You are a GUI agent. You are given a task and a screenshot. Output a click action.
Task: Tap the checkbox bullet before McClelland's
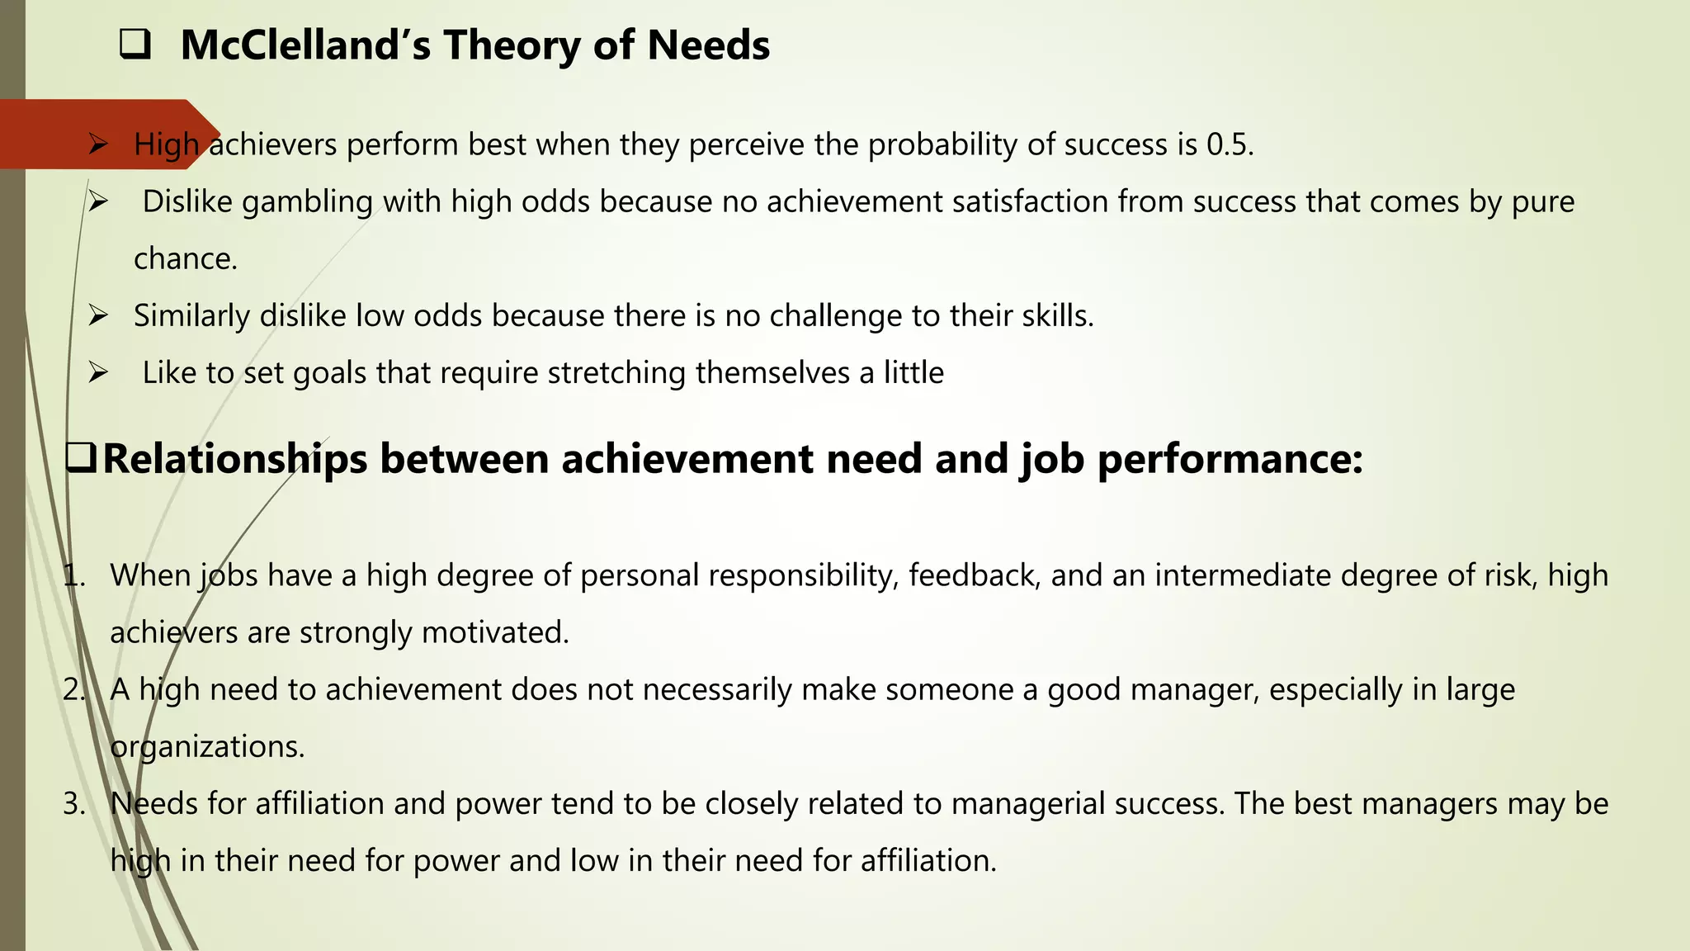point(135,45)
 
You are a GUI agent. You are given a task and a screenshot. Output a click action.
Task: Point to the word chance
point(185,259)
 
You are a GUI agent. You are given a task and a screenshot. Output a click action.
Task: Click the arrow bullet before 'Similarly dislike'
point(98,315)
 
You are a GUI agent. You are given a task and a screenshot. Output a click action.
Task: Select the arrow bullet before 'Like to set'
point(98,372)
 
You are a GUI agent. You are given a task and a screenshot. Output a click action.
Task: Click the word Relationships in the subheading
point(234,459)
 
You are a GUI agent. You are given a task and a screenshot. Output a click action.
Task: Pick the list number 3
point(74,804)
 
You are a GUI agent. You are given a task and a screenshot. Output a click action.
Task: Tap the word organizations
point(207,747)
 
